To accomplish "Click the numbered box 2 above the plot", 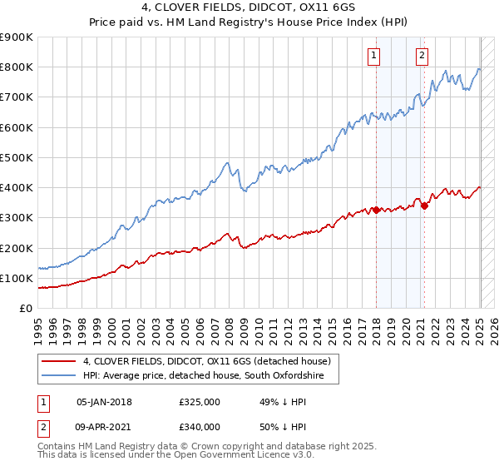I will pos(422,56).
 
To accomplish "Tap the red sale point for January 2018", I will pos(376,210).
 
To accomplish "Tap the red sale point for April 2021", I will pos(424,206).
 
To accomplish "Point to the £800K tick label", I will pos(17,67).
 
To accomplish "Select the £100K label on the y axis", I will pos(17,278).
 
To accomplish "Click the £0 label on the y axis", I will pos(26,308).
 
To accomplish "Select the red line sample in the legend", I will pos(57,361).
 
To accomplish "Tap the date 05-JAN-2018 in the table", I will pos(104,401).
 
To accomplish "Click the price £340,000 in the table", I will pos(200,427).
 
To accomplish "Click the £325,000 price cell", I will pos(200,401).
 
